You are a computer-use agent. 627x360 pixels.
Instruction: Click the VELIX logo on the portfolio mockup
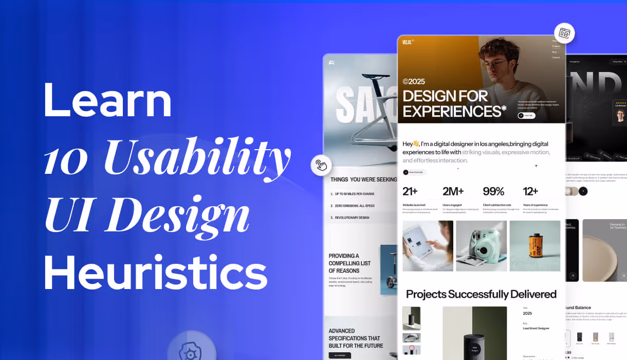point(408,42)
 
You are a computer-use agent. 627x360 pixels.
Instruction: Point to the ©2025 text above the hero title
point(414,81)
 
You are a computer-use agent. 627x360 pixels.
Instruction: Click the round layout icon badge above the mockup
point(564,33)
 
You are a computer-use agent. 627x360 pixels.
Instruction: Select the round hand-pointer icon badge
point(321,165)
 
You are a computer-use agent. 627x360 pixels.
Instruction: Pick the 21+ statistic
point(410,191)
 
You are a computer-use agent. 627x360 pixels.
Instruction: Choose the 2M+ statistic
point(453,191)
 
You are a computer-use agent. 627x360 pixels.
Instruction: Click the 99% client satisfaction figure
point(493,191)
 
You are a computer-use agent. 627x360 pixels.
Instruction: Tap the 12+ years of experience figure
point(530,191)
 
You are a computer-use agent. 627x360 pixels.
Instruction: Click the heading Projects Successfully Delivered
point(481,294)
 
